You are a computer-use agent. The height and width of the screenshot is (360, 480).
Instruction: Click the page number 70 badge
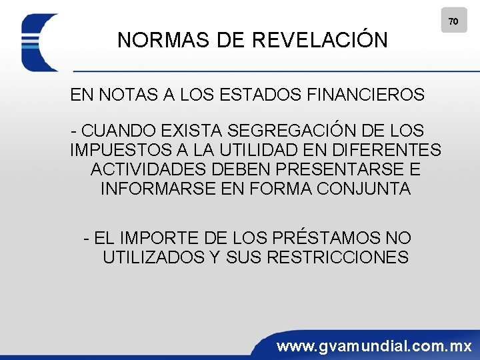pyautogui.click(x=453, y=21)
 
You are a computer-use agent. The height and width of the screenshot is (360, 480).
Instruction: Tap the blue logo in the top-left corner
pyautogui.click(x=40, y=42)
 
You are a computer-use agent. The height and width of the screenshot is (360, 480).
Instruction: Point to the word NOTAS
pyautogui.click(x=124, y=95)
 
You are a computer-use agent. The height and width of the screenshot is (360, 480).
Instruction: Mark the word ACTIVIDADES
pyautogui.click(x=148, y=169)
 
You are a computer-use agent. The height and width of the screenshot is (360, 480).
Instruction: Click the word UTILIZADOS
pyautogui.click(x=153, y=257)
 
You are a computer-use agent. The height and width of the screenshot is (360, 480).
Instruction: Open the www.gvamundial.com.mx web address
pyautogui.click(x=374, y=346)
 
